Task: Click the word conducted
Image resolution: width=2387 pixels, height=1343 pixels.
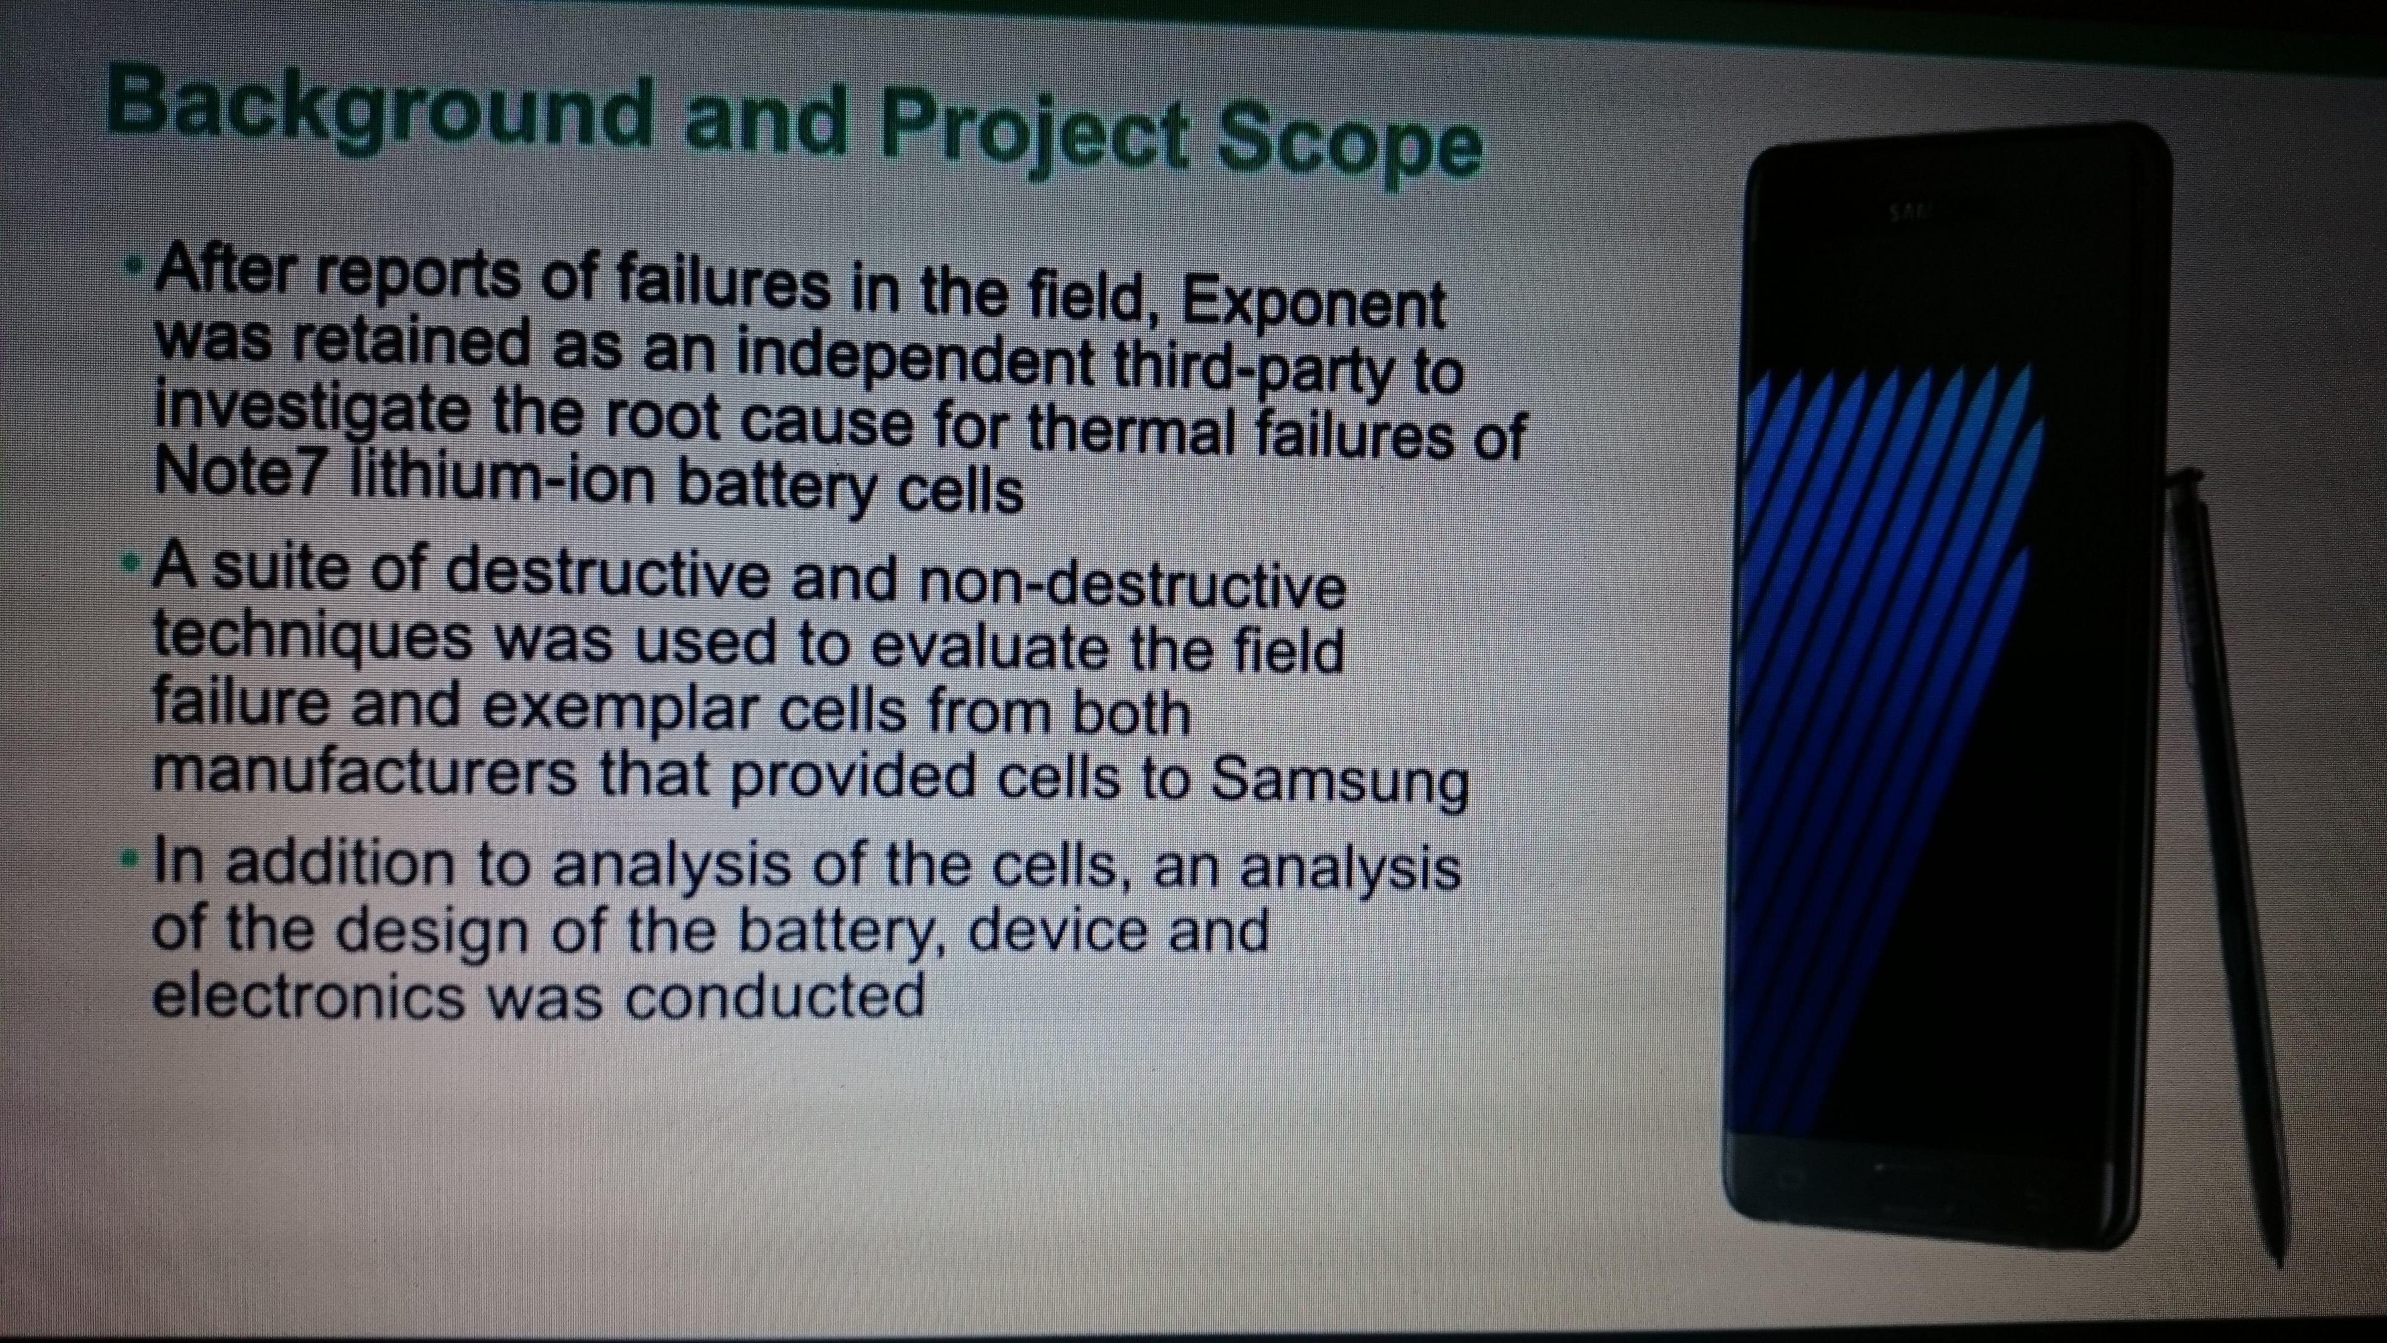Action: pyautogui.click(x=775, y=996)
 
